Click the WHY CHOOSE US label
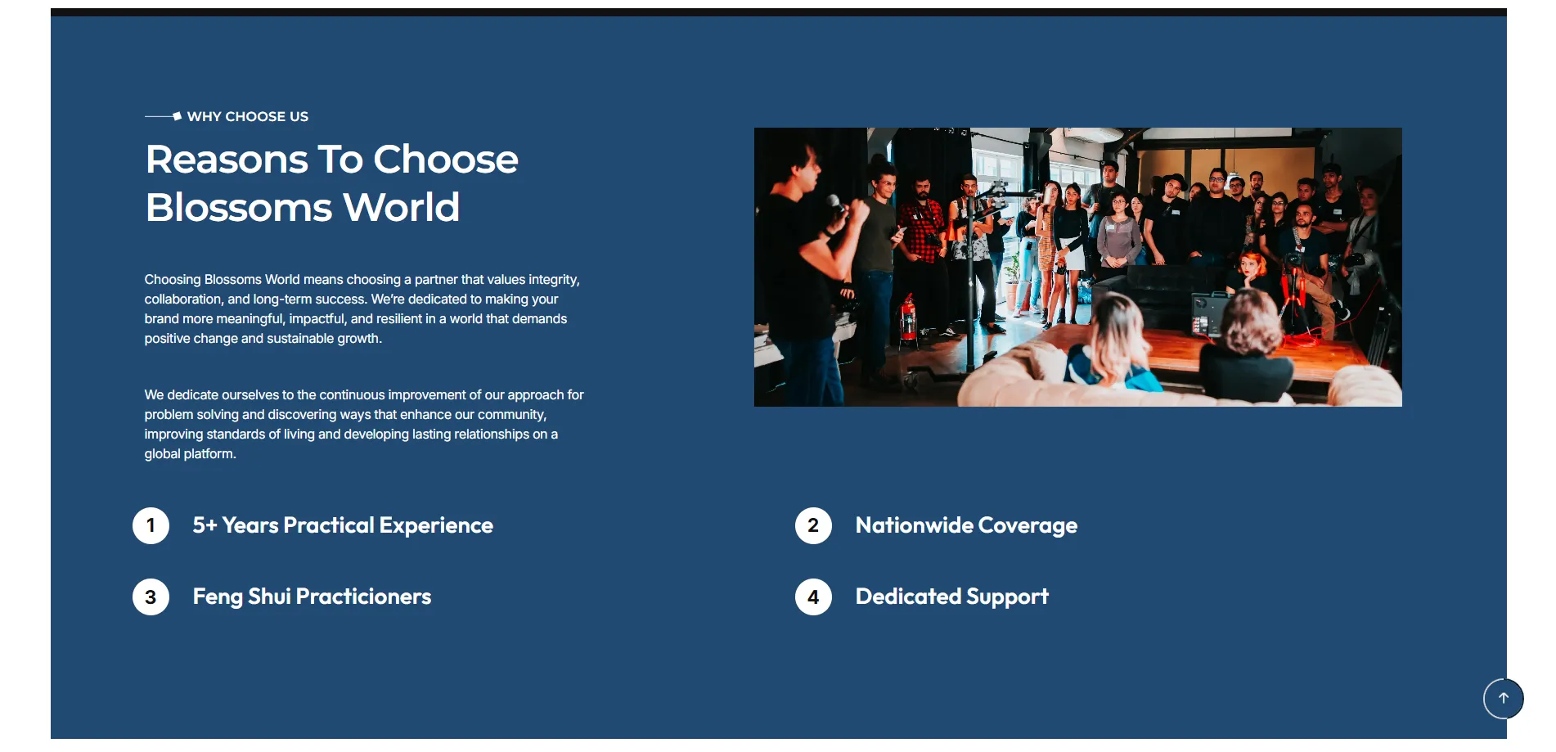pos(248,116)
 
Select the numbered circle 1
pos(151,525)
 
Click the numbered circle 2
pos(813,525)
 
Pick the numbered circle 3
pos(151,597)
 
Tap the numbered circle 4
pos(813,597)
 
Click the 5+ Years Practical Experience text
pos(343,525)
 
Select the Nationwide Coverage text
pos(966,525)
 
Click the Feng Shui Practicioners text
pos(312,597)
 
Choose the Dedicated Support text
pos(951,597)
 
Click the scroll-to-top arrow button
pos(1504,699)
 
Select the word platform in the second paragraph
pos(209,454)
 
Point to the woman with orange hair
pos(1252,274)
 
